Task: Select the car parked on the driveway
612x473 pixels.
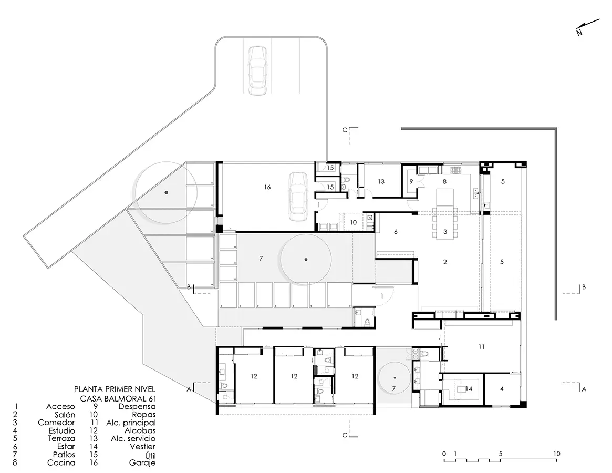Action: (x=257, y=70)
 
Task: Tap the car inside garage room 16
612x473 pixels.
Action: (x=298, y=197)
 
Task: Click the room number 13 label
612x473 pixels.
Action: (x=381, y=181)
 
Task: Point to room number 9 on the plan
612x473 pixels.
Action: (x=411, y=181)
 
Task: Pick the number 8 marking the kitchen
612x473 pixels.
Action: (x=444, y=181)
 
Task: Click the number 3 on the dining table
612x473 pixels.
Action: (x=445, y=232)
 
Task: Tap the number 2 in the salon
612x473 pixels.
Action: (x=445, y=262)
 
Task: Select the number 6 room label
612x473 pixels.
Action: (x=396, y=232)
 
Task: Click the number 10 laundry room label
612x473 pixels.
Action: (x=353, y=222)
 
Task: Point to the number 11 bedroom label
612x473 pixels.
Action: (x=481, y=346)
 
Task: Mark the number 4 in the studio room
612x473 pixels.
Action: (x=502, y=388)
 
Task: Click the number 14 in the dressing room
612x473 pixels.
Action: (x=469, y=388)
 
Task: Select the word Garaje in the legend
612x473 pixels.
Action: (x=142, y=463)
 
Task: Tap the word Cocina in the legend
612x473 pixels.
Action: (x=61, y=463)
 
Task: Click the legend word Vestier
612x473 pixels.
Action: (x=142, y=446)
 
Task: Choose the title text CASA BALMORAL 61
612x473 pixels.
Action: (x=118, y=398)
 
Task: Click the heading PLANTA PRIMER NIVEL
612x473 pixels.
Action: (x=115, y=389)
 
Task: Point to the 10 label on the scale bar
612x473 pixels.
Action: (x=556, y=454)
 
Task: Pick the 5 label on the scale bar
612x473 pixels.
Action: (x=501, y=454)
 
